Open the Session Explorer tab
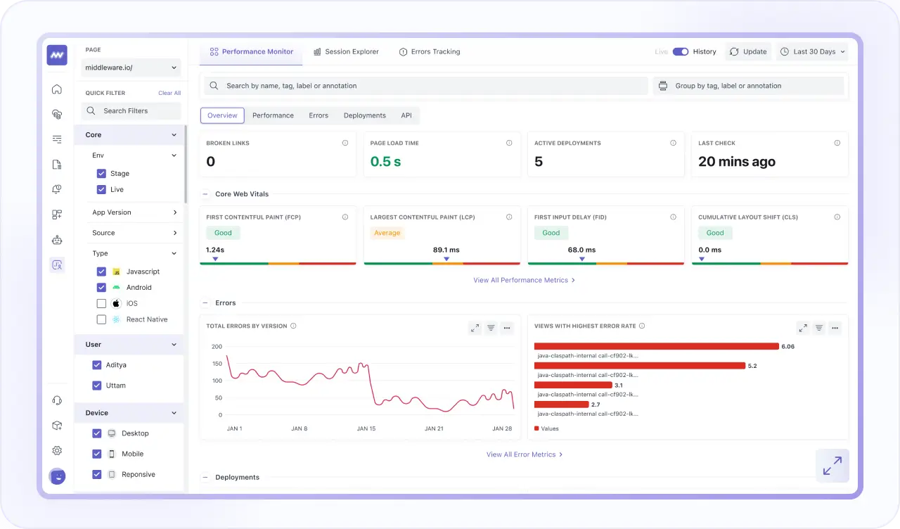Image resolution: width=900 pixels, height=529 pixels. [346, 52]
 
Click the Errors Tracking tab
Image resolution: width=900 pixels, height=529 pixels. [430, 52]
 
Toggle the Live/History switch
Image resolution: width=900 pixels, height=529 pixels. [680, 52]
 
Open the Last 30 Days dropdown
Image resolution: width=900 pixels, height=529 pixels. [812, 52]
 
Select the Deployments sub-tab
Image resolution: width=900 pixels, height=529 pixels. [364, 115]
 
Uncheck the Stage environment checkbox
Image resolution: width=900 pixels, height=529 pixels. [101, 174]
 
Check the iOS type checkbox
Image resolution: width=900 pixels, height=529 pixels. [101, 304]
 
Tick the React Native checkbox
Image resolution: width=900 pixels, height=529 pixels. [101, 320]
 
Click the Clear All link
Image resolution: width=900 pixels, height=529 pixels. [169, 94]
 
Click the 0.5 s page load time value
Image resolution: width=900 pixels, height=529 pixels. [385, 162]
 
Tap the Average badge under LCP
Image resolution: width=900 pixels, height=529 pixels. [387, 233]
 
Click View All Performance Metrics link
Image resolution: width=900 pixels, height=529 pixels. [524, 281]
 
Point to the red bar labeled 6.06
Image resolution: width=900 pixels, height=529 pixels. [656, 346]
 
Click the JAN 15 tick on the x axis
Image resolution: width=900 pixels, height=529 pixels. [366, 428]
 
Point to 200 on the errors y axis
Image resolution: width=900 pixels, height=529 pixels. [217, 347]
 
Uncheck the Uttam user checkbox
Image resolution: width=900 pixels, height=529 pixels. [97, 386]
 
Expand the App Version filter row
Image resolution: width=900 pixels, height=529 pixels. [134, 212]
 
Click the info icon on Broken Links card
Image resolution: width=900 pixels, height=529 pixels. [345, 144]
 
